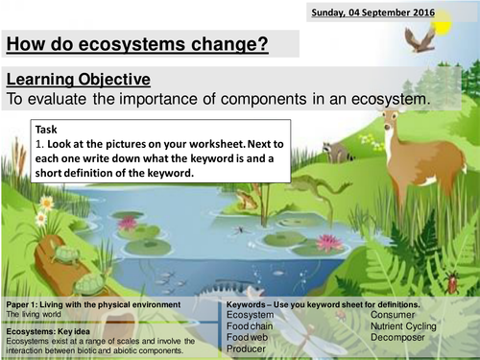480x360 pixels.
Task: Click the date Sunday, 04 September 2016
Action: tap(372, 13)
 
